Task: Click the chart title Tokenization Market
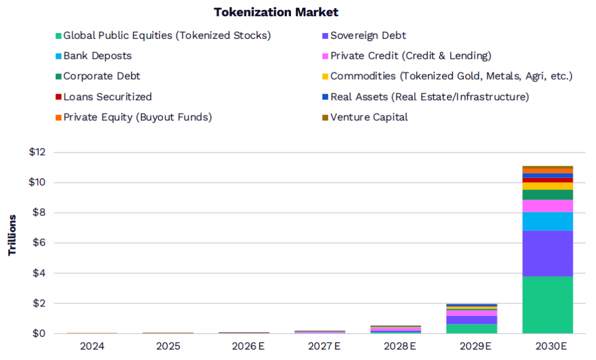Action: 276,12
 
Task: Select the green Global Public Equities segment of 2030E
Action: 547,304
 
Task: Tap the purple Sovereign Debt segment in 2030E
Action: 547,253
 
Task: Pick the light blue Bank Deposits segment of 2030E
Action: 547,221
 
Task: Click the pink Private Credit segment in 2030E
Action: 547,206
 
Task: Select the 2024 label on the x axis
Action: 93,346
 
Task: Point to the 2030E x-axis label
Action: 547,346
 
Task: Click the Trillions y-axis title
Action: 13,235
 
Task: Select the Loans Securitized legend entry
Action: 107,97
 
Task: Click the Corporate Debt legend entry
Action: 101,76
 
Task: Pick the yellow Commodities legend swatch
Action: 326,77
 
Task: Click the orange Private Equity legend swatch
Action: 59,117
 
